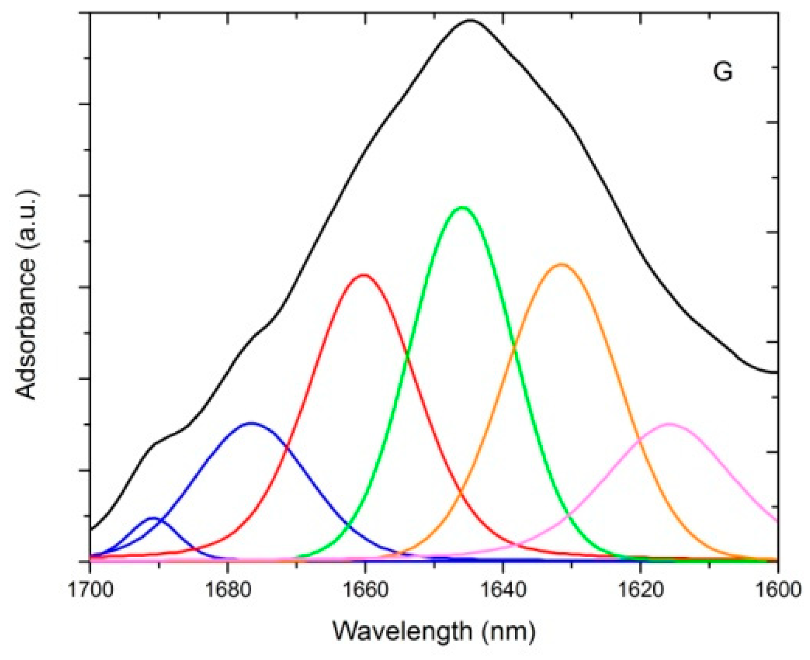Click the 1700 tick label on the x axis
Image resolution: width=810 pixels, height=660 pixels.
(x=90, y=590)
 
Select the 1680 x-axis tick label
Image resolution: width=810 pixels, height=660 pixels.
(x=228, y=590)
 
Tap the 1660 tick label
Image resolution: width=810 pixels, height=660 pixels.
(x=365, y=590)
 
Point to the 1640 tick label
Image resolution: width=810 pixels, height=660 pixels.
(x=502, y=590)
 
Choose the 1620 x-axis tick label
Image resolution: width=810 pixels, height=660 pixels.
(x=640, y=590)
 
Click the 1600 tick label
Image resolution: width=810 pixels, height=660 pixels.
(x=778, y=590)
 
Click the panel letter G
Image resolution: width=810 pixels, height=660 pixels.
(x=722, y=72)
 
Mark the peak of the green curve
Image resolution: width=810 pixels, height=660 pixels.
(x=462, y=207)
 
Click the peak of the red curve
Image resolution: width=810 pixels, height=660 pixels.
(x=364, y=275)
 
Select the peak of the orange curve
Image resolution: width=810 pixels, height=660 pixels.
(x=561, y=264)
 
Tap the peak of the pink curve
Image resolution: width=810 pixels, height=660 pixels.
(x=669, y=424)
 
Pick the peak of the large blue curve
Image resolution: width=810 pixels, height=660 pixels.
(x=251, y=423)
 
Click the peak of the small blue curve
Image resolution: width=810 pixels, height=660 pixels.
(x=153, y=518)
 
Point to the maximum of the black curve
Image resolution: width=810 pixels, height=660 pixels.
(x=470, y=20)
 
